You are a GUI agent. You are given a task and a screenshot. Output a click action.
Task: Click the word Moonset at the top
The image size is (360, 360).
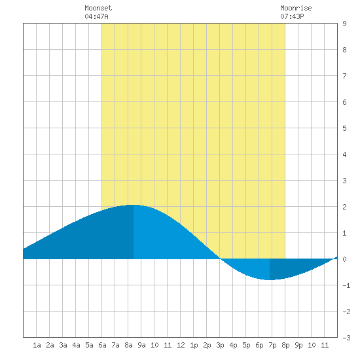(x=98, y=8)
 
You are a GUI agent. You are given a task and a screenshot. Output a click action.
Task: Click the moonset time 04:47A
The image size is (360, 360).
(x=96, y=16)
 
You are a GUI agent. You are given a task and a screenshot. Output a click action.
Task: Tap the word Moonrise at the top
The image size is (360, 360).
(x=296, y=8)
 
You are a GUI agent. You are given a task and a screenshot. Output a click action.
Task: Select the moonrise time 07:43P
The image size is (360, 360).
(x=292, y=16)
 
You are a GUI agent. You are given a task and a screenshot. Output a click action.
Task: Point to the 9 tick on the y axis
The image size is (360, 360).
(x=344, y=24)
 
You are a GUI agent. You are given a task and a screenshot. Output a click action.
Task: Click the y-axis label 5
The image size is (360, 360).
(x=344, y=128)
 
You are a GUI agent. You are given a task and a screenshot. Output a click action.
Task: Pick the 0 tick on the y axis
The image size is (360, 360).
(x=344, y=259)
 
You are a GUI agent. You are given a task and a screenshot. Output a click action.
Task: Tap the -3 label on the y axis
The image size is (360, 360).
(x=346, y=338)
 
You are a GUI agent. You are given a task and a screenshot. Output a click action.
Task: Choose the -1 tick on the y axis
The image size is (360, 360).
(x=346, y=285)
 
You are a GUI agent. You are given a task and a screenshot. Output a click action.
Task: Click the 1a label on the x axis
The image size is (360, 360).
(x=37, y=345)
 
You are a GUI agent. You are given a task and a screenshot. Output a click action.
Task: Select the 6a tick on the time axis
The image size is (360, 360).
(x=102, y=345)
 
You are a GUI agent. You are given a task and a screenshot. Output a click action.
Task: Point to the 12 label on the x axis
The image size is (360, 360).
(x=181, y=345)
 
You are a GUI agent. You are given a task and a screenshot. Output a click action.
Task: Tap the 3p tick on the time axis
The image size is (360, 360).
(x=220, y=345)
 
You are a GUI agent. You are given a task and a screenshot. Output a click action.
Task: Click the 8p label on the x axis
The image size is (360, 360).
(x=285, y=345)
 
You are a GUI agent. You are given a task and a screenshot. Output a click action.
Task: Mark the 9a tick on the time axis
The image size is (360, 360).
(x=141, y=345)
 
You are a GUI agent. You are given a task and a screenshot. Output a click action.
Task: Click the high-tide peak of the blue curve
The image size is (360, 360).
(x=133, y=205)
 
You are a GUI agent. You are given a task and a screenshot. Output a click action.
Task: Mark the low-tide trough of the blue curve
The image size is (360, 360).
(x=270, y=280)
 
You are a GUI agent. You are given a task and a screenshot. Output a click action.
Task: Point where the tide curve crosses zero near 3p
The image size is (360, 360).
(x=221, y=259)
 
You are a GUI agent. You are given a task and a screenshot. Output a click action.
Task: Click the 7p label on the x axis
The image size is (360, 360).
(x=272, y=345)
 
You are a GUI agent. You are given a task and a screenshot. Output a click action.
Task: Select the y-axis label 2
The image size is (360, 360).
(x=344, y=207)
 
